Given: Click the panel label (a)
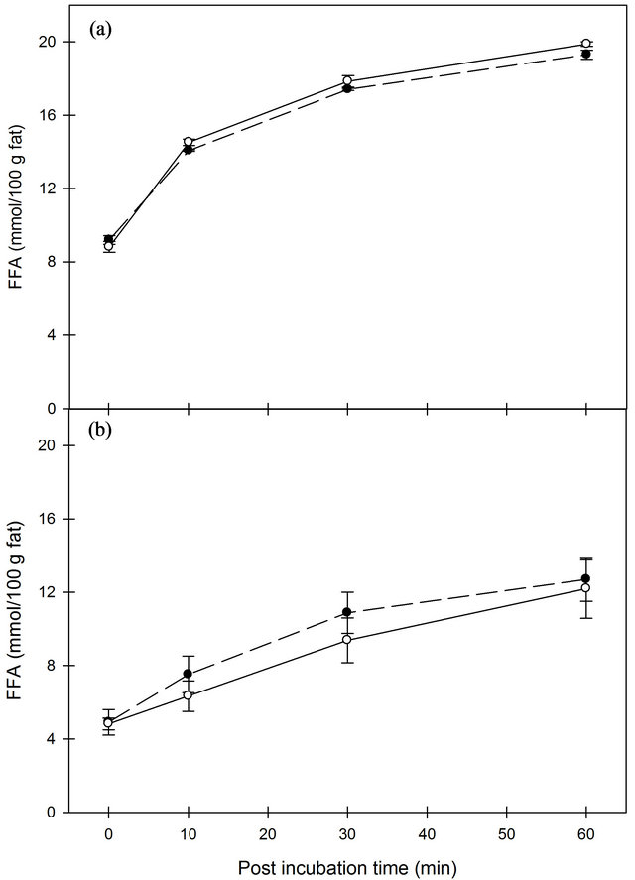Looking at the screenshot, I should (x=100, y=30).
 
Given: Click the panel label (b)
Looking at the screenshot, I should (x=101, y=432).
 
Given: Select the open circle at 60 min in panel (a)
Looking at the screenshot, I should (x=586, y=44).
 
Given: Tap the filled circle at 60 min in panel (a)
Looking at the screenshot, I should (x=586, y=54).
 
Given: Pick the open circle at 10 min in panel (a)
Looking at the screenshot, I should (x=188, y=142).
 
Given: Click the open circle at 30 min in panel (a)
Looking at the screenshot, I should (x=347, y=81).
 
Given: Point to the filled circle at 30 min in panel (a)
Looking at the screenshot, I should (x=347, y=89).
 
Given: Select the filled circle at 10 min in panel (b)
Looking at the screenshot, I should (x=188, y=675).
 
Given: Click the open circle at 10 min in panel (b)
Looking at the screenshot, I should (x=188, y=695).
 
